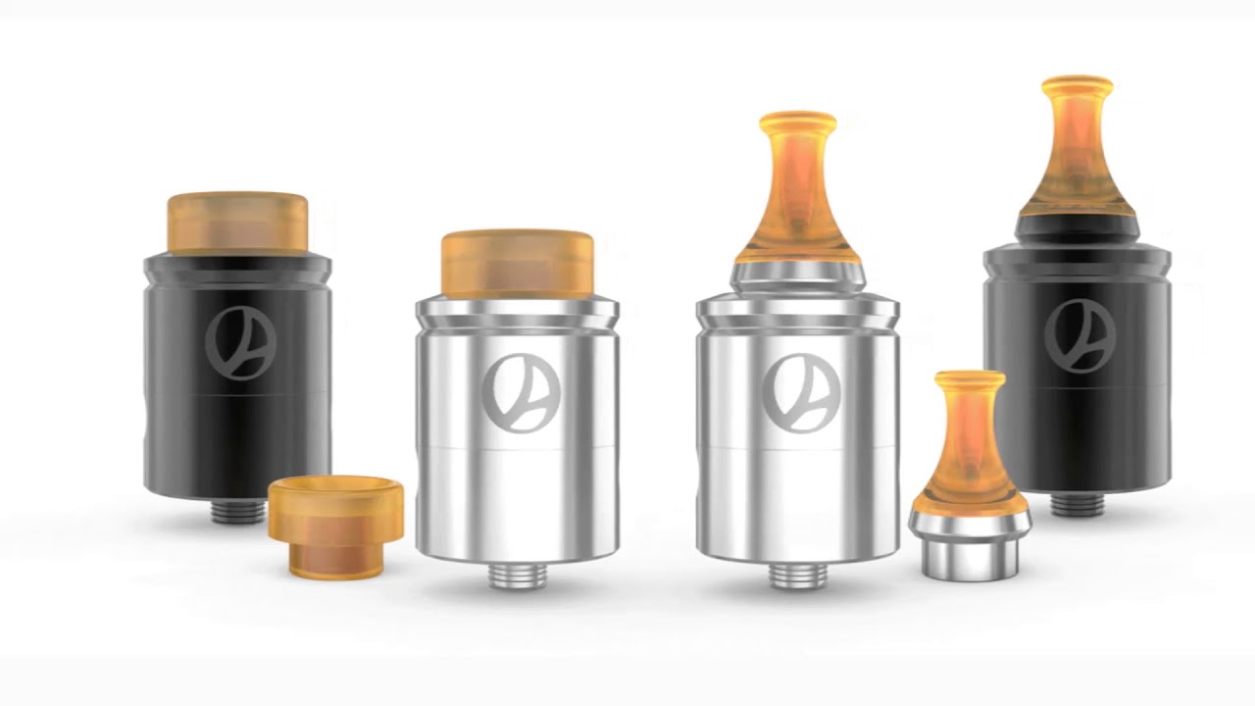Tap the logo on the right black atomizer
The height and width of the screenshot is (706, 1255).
1079,336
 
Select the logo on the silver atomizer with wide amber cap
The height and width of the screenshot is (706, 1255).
517,393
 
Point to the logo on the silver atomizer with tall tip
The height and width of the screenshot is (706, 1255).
800,393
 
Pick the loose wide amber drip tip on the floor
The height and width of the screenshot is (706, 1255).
335,526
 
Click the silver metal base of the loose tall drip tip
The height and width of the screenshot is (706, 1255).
968,544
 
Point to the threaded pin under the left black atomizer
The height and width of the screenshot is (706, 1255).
238,511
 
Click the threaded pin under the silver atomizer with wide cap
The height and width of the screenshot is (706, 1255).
516,576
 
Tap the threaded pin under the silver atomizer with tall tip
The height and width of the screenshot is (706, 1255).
797,576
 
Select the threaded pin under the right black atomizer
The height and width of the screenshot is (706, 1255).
1078,504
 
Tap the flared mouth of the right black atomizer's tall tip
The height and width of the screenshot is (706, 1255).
1077,85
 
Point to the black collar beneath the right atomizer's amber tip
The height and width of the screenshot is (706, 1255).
1077,228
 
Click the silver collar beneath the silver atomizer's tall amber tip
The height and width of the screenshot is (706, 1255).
797,277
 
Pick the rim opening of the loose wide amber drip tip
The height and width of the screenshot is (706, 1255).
335,486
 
